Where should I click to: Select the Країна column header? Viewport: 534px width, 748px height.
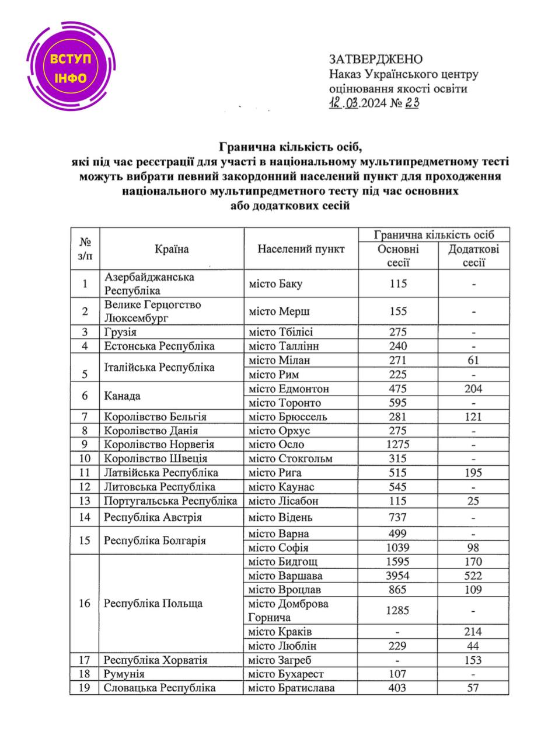click(x=172, y=249)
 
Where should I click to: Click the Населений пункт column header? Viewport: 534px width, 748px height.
click(x=301, y=249)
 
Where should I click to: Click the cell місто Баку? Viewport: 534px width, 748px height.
click(x=276, y=283)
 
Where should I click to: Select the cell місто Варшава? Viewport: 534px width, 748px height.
click(x=285, y=576)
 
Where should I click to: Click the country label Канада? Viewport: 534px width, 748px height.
click(x=122, y=396)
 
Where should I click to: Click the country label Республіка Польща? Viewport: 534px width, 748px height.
click(x=153, y=604)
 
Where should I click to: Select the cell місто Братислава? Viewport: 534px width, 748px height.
click(x=292, y=688)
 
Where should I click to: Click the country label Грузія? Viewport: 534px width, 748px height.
click(x=120, y=332)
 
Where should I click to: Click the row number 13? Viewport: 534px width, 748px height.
click(x=85, y=501)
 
